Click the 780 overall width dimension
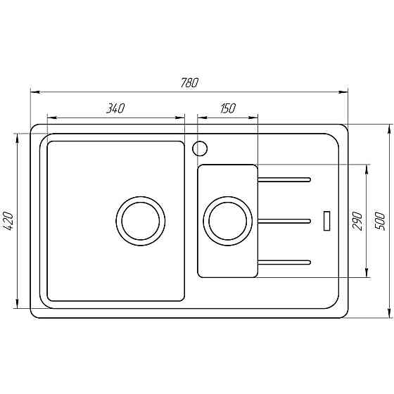pyautogui.click(x=189, y=82)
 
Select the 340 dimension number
pyautogui.click(x=115, y=108)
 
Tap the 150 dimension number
pyautogui.click(x=227, y=108)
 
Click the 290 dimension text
pyautogui.click(x=357, y=220)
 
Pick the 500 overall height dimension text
pyautogui.click(x=380, y=220)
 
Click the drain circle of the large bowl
pyautogui.click(x=142, y=220)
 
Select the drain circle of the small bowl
pyautogui.click(x=227, y=220)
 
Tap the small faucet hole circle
pyautogui.click(x=200, y=148)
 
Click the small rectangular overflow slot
pyautogui.click(x=326, y=220)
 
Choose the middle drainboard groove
pyautogui.click(x=284, y=221)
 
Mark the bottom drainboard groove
pyautogui.click(x=284, y=262)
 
